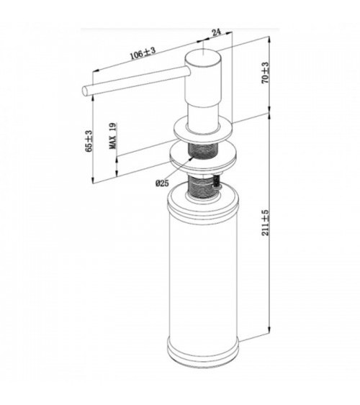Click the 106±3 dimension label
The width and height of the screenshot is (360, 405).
click(x=143, y=53)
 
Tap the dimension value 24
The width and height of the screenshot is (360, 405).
click(x=217, y=32)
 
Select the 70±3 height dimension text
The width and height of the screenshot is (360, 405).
click(x=266, y=73)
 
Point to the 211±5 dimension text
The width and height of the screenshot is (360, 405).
click(x=266, y=223)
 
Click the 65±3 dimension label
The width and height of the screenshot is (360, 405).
click(x=89, y=141)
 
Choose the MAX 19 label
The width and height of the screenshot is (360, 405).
click(x=112, y=136)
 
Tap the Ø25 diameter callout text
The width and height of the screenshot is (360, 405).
click(x=162, y=183)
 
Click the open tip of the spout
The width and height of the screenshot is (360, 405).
click(x=85, y=91)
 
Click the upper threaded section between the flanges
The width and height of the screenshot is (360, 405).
click(x=204, y=150)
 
